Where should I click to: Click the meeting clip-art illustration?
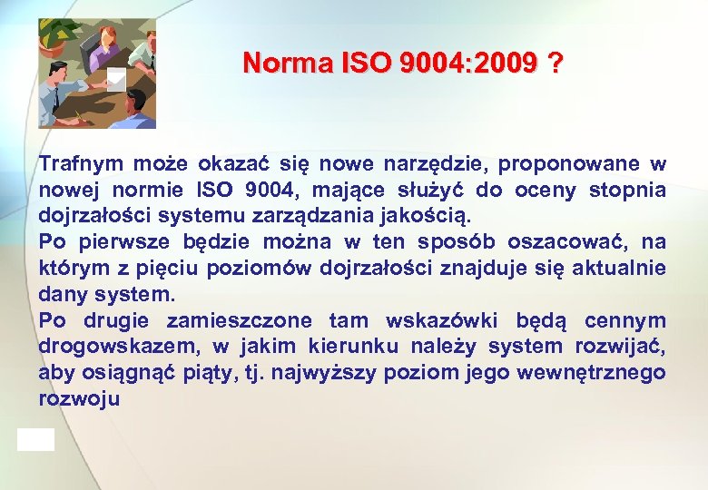[97, 73]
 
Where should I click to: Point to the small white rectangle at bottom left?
[35, 440]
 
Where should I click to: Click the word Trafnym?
[81, 164]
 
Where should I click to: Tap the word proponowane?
[568, 164]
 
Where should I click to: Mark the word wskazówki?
[443, 321]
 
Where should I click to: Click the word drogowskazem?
[120, 347]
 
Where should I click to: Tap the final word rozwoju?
[79, 399]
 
